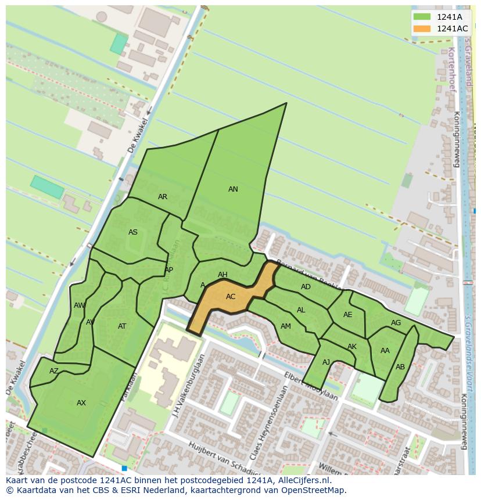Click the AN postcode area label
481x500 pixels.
[x=233, y=189]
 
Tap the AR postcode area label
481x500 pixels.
[x=163, y=197]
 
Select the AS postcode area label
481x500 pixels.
[x=133, y=232]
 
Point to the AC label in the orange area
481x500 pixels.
[x=231, y=297]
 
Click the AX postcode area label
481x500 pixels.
[x=81, y=403]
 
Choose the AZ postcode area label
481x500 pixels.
[x=54, y=371]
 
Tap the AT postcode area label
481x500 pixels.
[x=122, y=326]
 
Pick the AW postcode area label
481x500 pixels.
[x=80, y=305]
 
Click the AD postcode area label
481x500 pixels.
[x=306, y=287]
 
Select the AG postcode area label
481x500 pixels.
[x=396, y=323]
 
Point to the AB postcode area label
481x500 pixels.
[x=400, y=367]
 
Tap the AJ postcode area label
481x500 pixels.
[x=326, y=362]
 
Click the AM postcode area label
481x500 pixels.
[x=285, y=326]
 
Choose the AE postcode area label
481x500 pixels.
[x=347, y=315]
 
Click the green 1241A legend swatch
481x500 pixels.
[x=422, y=17]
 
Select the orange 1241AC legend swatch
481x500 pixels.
[x=422, y=28]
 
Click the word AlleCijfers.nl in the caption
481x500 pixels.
[x=303, y=480]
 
